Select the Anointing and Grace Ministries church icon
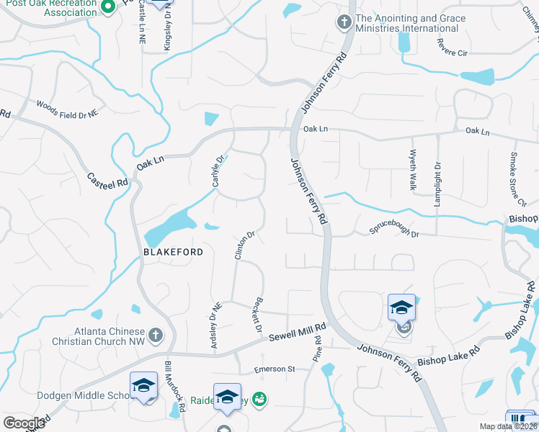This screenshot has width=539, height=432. pos(342,23)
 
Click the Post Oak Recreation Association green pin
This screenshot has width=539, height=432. pos(108,7)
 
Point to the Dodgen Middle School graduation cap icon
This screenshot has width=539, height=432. pos(143,387)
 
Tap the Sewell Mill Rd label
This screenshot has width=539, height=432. pos(298,332)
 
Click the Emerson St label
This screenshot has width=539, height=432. pos(275,369)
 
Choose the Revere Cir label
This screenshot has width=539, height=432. pos(453,45)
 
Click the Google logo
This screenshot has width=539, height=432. pos(24,423)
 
